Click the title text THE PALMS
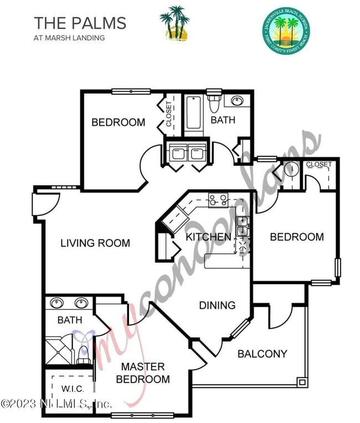click(80, 23)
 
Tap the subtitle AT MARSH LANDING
click(69, 38)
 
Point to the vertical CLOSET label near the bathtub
click(169, 114)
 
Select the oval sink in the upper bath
click(238, 101)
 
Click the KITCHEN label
click(208, 237)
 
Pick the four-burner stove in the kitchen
click(218, 199)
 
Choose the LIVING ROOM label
click(95, 243)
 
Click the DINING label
click(217, 305)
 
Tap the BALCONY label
click(262, 354)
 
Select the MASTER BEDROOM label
click(143, 373)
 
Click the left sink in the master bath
click(56, 303)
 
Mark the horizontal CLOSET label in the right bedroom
click(319, 164)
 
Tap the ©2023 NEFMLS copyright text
click(55, 404)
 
